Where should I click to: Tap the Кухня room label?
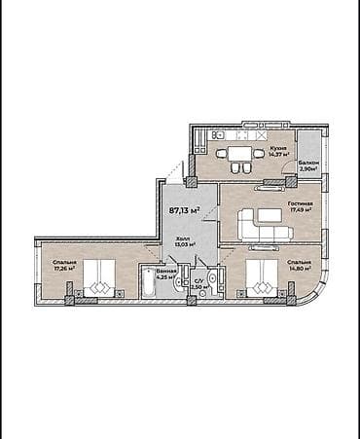[278, 146]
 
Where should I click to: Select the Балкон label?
[309, 163]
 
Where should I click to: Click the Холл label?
[182, 238]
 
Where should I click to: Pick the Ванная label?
[164, 272]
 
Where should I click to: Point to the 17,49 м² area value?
[299, 207]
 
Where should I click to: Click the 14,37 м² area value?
[278, 153]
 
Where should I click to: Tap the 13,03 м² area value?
[183, 244]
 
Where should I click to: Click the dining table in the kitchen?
[239, 154]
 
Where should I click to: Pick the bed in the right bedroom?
[261, 280]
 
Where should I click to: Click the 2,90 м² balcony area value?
[309, 169]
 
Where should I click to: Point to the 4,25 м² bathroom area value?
[164, 277]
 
